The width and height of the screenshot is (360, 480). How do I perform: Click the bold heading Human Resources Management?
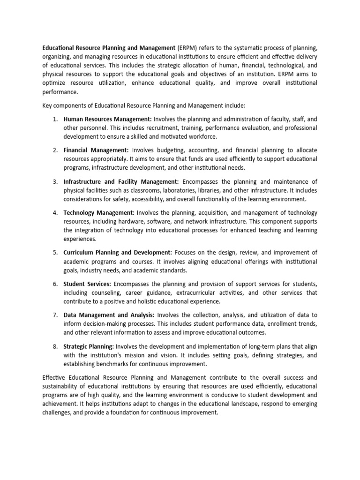[x=107, y=119]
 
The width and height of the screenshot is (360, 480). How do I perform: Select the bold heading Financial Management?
[x=96, y=150]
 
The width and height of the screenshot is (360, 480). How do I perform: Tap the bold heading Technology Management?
[x=99, y=212]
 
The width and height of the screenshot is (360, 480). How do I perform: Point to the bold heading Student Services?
[x=87, y=284]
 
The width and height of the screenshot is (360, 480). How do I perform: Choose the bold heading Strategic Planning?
[x=89, y=346]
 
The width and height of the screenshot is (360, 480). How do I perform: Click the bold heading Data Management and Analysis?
[x=109, y=315]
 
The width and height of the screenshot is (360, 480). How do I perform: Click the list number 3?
[x=55, y=181]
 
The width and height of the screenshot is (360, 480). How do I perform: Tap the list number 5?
[x=55, y=252]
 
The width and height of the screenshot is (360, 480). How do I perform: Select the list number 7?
[x=55, y=315]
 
